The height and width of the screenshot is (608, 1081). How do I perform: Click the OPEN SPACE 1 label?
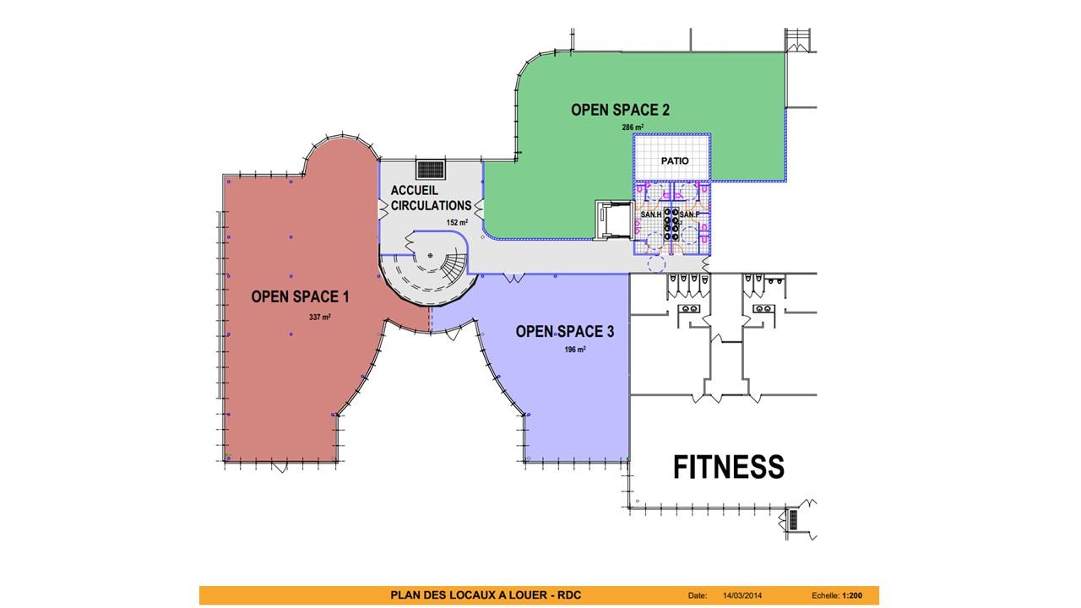point(300,296)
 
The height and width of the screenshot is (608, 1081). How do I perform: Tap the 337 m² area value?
point(320,318)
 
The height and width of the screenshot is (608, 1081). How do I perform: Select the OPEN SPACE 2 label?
point(620,110)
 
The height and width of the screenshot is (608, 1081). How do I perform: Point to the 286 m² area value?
point(633,128)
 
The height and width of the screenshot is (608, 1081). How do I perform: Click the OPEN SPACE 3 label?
point(564,331)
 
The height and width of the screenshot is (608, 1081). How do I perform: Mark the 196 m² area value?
point(575,349)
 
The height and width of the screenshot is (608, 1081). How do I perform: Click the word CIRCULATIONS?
point(431,205)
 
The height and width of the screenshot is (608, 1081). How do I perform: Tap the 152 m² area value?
point(457,223)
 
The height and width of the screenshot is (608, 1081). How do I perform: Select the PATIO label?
point(675,160)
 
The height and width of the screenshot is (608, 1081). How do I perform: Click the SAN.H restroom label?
point(651,215)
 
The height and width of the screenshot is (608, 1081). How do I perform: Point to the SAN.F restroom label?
point(690,215)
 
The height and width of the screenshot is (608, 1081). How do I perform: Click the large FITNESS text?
point(728,467)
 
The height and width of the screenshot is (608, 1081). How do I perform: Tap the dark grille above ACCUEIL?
point(431,170)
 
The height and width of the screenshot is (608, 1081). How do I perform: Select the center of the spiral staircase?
point(430,254)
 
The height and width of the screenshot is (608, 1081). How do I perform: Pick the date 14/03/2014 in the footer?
point(742,596)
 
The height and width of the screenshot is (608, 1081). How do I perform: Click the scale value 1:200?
point(851,596)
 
